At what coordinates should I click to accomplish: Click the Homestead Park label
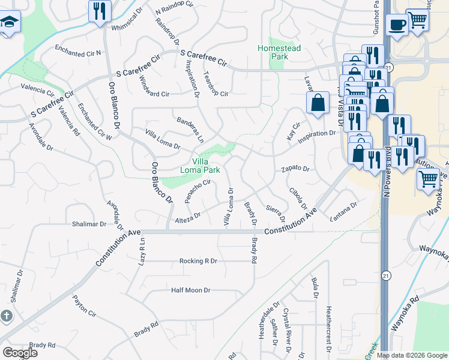point(273,52)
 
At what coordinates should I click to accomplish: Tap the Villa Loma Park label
point(200,165)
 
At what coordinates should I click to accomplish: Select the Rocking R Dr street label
point(198,261)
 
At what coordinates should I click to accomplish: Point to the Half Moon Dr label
point(191,290)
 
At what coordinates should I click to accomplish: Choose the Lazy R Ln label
point(143,247)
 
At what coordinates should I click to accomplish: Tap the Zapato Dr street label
point(295,169)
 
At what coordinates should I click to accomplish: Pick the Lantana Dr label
point(343,212)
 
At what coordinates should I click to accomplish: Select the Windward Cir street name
point(154,87)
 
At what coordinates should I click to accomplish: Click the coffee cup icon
point(397,25)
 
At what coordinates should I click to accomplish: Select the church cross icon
point(6,316)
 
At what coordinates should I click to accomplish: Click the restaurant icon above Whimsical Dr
point(99,10)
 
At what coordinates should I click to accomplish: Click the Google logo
point(20,353)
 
